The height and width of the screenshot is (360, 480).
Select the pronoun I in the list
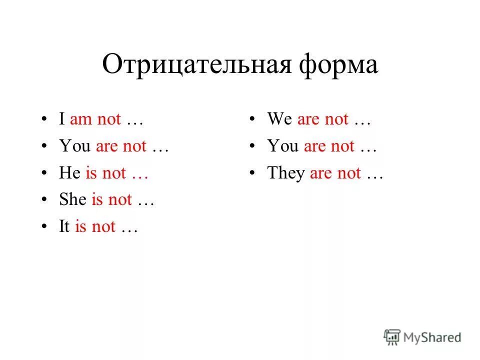(62, 120)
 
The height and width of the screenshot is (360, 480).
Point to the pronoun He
(70, 173)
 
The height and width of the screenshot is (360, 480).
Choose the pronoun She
(73, 200)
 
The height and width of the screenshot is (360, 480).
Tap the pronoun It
(64, 227)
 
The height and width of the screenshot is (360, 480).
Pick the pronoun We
(279, 120)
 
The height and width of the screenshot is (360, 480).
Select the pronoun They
(286, 173)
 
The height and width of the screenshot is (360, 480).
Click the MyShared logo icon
(392, 337)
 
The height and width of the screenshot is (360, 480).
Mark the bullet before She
(46, 200)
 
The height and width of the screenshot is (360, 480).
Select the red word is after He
(91, 173)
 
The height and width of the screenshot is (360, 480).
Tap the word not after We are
(336, 120)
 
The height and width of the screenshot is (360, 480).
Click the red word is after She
(97, 200)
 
